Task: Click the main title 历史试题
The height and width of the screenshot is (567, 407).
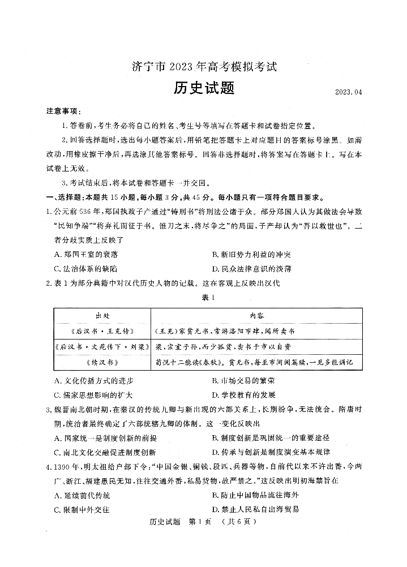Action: [x=203, y=89]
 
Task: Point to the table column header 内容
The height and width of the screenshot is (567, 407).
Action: [x=256, y=315]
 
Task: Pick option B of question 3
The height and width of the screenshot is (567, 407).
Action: [x=270, y=438]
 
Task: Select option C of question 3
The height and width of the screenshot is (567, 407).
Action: [x=105, y=452]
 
